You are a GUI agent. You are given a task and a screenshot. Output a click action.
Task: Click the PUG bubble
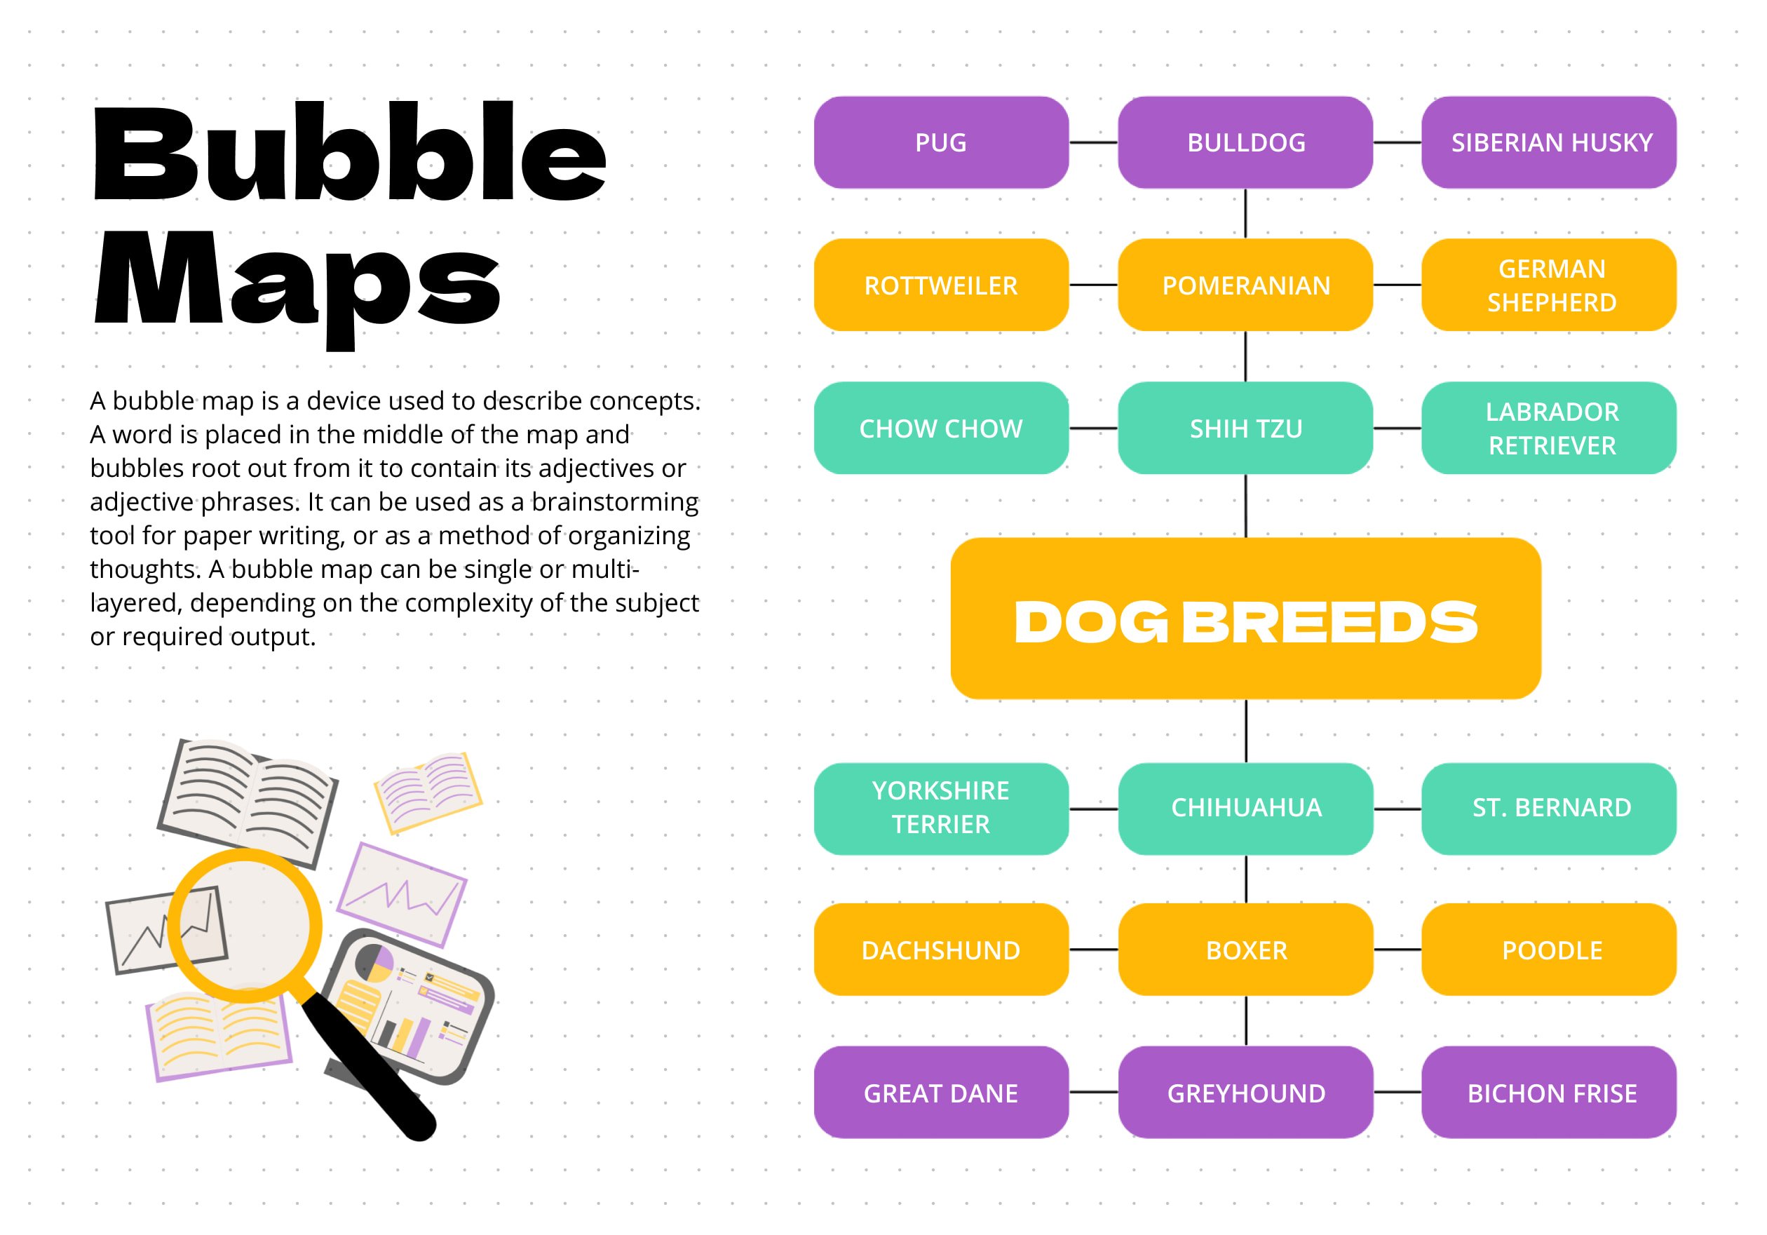click(941, 142)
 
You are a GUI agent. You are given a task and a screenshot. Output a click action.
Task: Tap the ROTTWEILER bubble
click(941, 285)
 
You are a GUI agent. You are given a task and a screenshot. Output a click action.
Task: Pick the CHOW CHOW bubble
click(941, 428)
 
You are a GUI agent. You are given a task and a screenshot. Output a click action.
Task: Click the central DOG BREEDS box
click(1246, 619)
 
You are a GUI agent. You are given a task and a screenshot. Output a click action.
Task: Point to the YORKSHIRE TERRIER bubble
click(941, 809)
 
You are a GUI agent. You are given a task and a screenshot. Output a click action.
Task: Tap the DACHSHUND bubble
click(941, 950)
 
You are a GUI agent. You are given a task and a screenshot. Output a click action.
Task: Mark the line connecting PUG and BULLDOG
click(1094, 142)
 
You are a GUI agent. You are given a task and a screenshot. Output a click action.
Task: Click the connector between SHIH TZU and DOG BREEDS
click(1246, 506)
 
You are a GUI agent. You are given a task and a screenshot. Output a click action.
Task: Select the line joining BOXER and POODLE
click(1397, 950)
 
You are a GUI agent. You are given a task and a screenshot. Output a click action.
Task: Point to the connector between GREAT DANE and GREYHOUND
click(1094, 1093)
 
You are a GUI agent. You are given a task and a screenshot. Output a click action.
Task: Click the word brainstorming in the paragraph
click(615, 502)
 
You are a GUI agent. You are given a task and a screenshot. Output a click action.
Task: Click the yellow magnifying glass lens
click(245, 926)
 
